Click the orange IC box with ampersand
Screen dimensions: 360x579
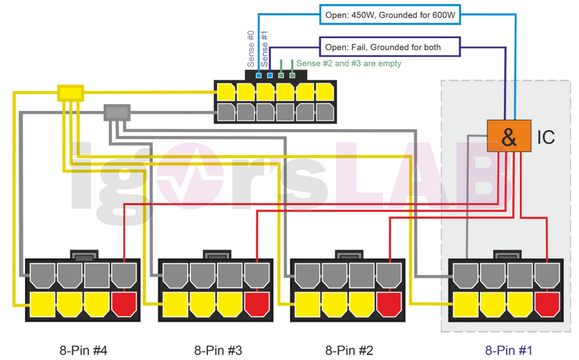pyautogui.click(x=509, y=136)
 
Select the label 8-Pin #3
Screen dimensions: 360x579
pyautogui.click(x=218, y=350)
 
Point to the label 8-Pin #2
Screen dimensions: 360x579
pyautogui.click(x=349, y=350)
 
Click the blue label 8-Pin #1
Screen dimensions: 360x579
pyautogui.click(x=509, y=350)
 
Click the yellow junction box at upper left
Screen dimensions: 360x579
pyautogui.click(x=70, y=93)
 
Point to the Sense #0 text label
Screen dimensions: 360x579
pyautogui.click(x=251, y=49)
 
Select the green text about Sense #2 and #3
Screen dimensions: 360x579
pyautogui.click(x=349, y=64)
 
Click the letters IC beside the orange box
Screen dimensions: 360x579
pyautogui.click(x=546, y=137)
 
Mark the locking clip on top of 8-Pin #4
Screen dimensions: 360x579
pyautogui.click(x=83, y=255)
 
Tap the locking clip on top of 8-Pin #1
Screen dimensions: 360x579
pyautogui.click(x=506, y=255)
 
